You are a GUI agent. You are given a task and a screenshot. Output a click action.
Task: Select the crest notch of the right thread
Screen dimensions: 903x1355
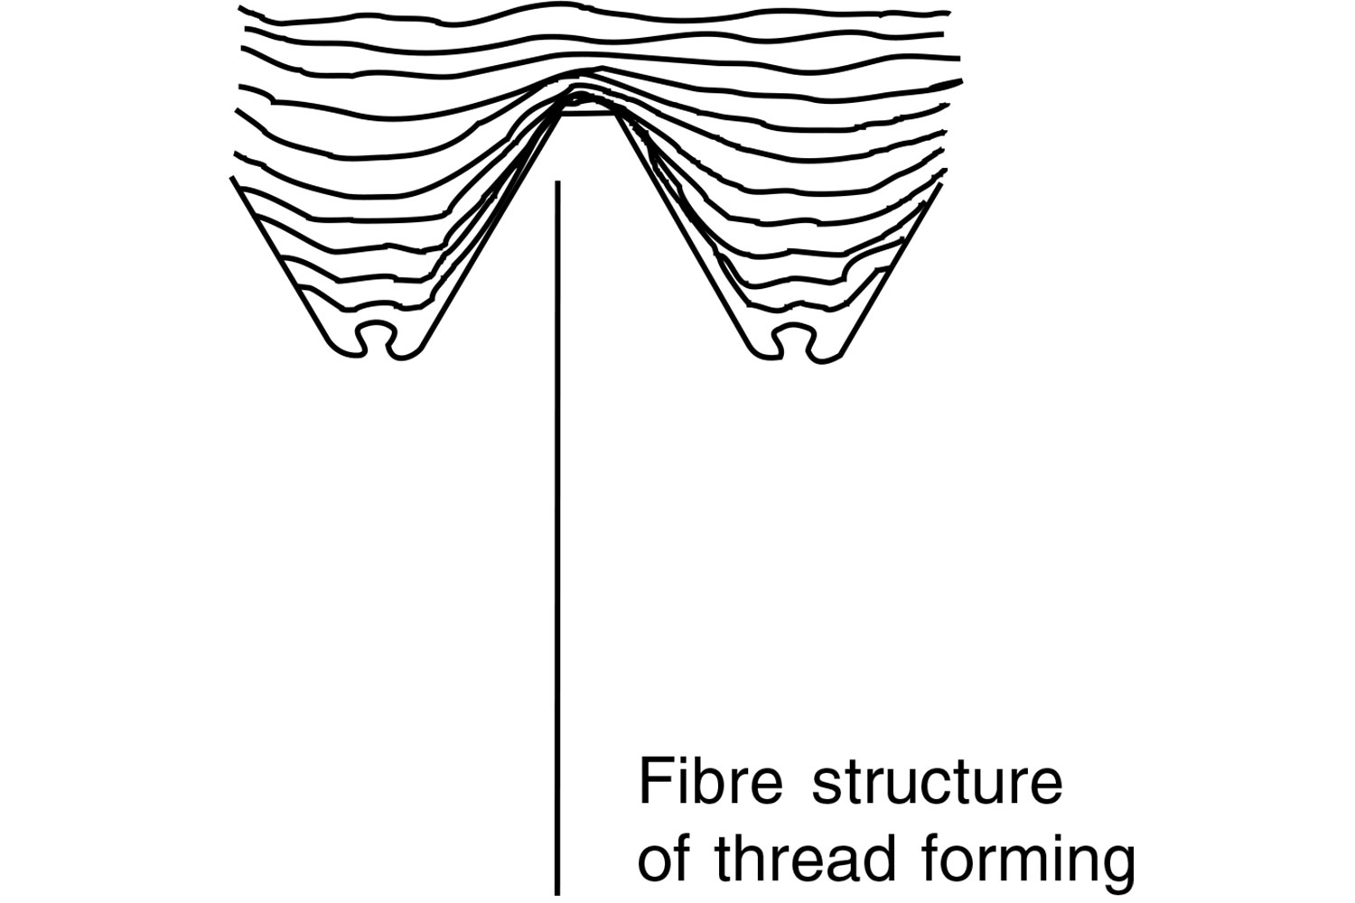[792, 337]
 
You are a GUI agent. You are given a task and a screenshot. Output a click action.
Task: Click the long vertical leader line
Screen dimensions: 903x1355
[557, 542]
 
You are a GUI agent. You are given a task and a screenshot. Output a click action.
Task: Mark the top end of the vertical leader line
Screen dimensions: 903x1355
[557, 183]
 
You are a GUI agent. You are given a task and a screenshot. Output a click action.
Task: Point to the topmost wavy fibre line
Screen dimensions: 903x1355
[596, 13]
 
